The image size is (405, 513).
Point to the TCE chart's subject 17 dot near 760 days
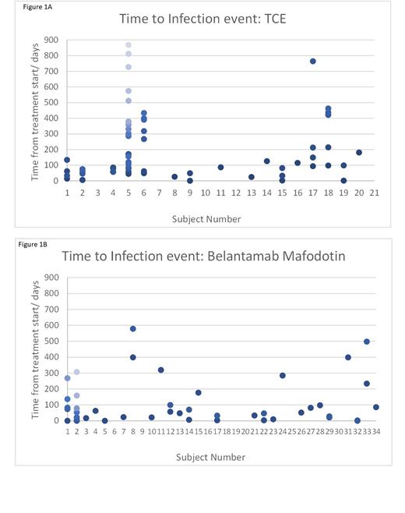(x=312, y=61)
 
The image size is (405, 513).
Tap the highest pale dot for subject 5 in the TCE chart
(x=128, y=44)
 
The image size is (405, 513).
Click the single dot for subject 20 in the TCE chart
(x=359, y=153)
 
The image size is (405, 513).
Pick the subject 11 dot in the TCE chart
(x=220, y=167)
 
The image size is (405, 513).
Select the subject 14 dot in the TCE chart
(x=266, y=161)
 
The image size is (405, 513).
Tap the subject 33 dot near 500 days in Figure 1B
(x=367, y=341)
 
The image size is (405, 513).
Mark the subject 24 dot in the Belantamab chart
(x=283, y=375)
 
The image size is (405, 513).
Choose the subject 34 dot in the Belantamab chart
(x=376, y=407)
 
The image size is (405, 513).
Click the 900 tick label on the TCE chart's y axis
(x=51, y=40)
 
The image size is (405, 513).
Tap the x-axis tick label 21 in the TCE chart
(x=374, y=192)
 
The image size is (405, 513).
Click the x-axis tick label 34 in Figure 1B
(x=376, y=431)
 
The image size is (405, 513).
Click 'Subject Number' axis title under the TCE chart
(x=206, y=219)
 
